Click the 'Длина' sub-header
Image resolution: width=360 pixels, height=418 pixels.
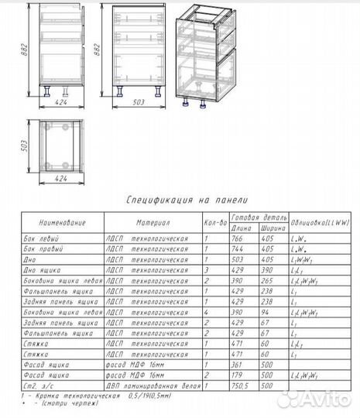tap(243, 228)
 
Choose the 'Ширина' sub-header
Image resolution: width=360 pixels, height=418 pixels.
tap(271, 228)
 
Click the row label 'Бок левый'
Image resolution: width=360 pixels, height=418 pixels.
tap(39, 238)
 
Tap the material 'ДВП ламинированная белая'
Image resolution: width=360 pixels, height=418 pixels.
tap(153, 385)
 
